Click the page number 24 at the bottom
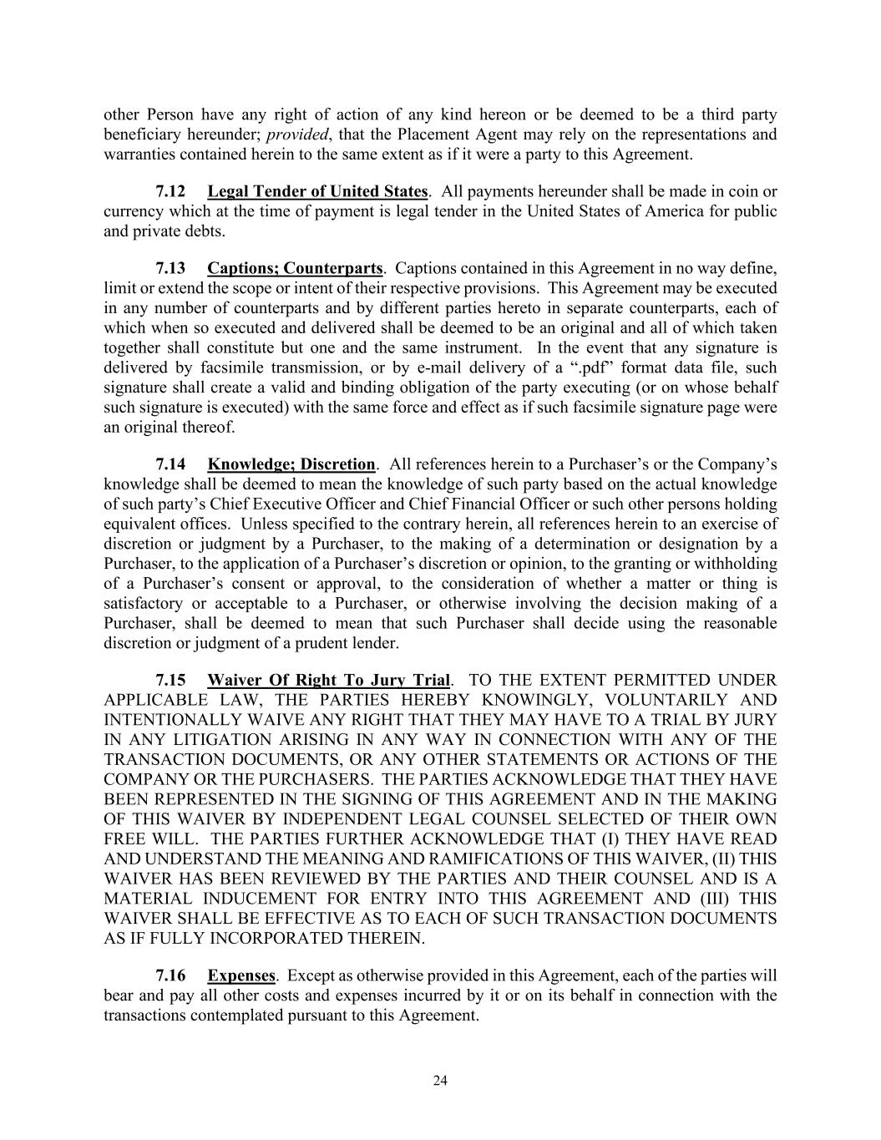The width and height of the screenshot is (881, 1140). (x=440, y=1081)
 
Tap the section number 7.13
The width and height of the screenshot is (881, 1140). (x=170, y=268)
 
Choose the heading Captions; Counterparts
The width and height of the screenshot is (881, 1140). (x=295, y=268)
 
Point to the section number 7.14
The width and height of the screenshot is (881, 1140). (x=170, y=464)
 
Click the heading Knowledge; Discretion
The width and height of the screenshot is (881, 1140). (x=291, y=464)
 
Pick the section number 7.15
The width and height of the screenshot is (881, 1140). (x=170, y=680)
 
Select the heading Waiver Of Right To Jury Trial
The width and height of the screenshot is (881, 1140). (x=329, y=680)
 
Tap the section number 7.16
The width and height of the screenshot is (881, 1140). (x=170, y=975)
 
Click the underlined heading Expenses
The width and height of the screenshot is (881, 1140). (x=241, y=975)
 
